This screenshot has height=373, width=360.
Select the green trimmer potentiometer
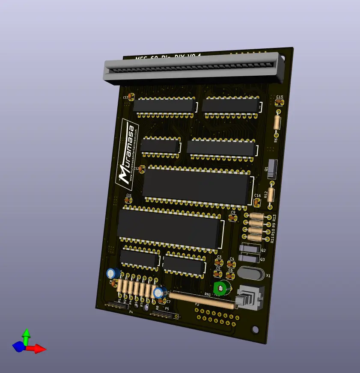click(x=221, y=287)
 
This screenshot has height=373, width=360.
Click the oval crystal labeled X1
click(x=249, y=272)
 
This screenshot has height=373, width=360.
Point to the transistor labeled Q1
click(x=273, y=168)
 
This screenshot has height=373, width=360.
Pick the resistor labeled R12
click(x=271, y=193)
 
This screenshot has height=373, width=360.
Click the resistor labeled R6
click(x=277, y=122)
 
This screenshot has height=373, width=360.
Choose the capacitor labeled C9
click(x=233, y=218)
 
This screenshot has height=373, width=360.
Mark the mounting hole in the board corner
click(x=256, y=329)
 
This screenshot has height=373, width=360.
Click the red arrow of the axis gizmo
click(x=38, y=349)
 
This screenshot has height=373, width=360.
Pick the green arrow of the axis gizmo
click(x=26, y=336)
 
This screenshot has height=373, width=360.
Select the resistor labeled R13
click(x=256, y=216)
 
